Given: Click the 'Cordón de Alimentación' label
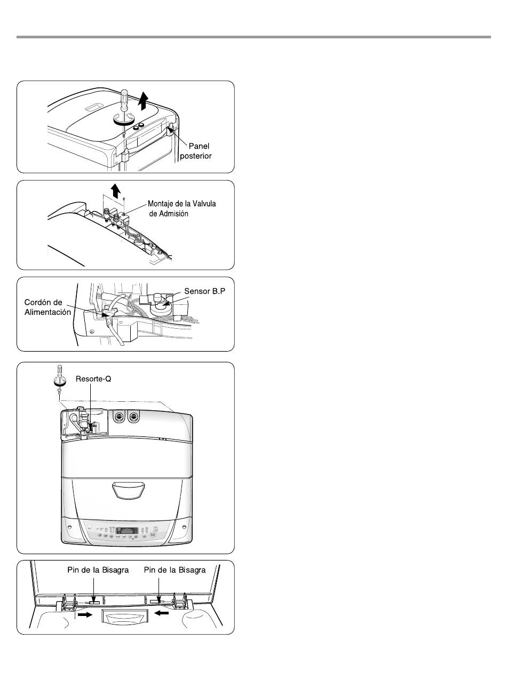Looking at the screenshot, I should click(x=47, y=307).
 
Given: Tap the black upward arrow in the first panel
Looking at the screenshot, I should click(x=143, y=100).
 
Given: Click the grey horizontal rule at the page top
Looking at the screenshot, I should click(x=253, y=37).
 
